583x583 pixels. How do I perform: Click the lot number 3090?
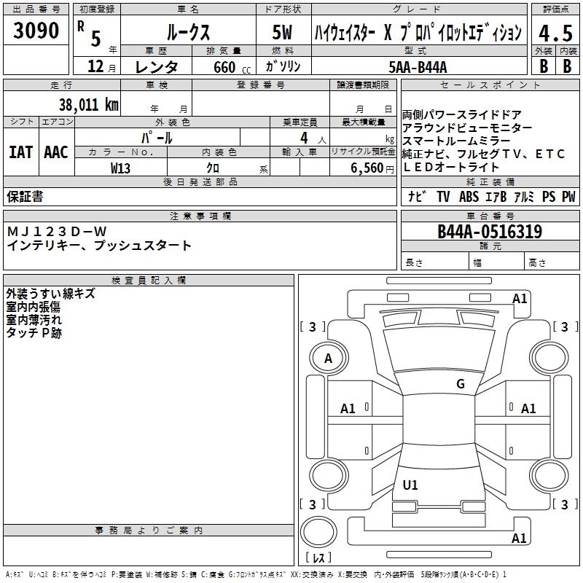click(36, 31)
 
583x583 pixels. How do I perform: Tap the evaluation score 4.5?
click(555, 33)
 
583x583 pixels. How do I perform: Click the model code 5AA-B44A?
click(418, 67)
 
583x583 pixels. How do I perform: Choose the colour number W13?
click(120, 168)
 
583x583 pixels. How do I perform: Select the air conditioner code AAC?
click(55, 152)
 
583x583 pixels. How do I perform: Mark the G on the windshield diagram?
click(461, 384)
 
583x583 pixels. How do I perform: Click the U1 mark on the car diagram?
click(410, 485)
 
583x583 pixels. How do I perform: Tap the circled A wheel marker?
click(329, 359)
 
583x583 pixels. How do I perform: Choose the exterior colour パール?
click(157, 138)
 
